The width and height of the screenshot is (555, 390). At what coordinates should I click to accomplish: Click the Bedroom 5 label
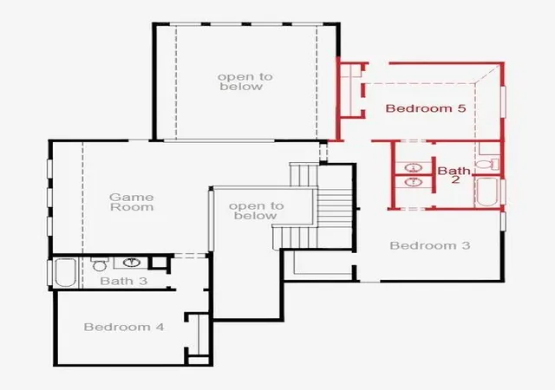tap(426, 108)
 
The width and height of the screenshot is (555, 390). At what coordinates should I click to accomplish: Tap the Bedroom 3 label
tap(430, 245)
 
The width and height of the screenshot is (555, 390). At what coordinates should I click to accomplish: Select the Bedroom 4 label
tap(124, 327)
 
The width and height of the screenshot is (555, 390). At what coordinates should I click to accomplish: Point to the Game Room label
tap(132, 202)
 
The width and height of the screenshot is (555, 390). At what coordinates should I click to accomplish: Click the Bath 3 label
tap(123, 281)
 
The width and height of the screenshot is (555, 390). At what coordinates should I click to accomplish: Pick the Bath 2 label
tap(454, 175)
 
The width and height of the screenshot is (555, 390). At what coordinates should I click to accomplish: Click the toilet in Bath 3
tap(99, 263)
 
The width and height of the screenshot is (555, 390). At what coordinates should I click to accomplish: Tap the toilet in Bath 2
tap(487, 164)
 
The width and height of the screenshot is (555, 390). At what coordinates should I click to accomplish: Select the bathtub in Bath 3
tap(66, 272)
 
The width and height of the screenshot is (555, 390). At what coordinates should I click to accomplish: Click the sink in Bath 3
tap(132, 263)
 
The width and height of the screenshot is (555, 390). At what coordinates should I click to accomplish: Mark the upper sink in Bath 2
tap(414, 167)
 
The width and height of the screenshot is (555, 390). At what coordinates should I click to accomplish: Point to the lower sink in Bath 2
tap(414, 182)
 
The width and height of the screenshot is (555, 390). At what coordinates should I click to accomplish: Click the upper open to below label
tap(245, 81)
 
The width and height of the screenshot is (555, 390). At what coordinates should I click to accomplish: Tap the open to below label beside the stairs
tap(256, 211)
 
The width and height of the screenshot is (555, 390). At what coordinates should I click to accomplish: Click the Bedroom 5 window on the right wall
tap(503, 101)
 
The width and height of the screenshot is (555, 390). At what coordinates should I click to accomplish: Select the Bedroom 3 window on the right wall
tap(503, 221)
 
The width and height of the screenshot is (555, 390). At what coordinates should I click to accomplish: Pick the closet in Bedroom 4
tap(199, 335)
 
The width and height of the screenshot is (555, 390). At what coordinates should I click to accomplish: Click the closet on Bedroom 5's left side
tap(350, 89)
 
